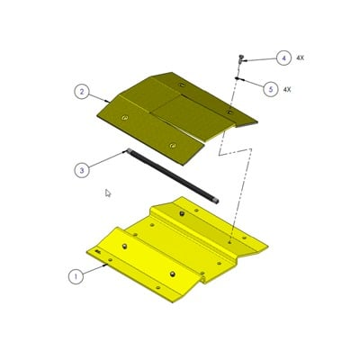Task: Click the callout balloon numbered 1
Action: [x=76, y=276]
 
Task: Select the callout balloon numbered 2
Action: [x=81, y=91]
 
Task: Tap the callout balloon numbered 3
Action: [x=82, y=167]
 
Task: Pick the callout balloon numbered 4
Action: [x=283, y=58]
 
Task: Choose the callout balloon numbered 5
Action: [x=270, y=88]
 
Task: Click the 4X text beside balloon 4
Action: [x=300, y=58]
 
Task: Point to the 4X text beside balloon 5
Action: [x=288, y=89]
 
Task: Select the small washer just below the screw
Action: [x=237, y=79]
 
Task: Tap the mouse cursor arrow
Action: [x=108, y=193]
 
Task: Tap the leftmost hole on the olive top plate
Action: [x=125, y=117]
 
